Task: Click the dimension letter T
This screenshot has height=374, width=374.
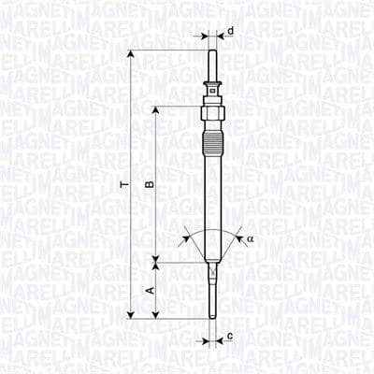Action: pyautogui.click(x=122, y=186)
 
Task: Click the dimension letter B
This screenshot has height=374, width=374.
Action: pyautogui.click(x=148, y=185)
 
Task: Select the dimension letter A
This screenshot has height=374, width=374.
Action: pyautogui.click(x=148, y=291)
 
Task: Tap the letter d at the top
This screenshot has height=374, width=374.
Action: pyautogui.click(x=230, y=31)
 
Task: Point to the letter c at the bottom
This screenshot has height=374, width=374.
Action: pyautogui.click(x=230, y=335)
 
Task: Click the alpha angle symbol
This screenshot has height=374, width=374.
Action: pyautogui.click(x=251, y=239)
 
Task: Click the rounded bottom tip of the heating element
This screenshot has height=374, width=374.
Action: pyautogui.click(x=213, y=317)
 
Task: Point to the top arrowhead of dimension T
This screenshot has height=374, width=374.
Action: pyautogui.click(x=131, y=54)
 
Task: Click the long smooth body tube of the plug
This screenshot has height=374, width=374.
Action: pyautogui.click(x=213, y=196)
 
